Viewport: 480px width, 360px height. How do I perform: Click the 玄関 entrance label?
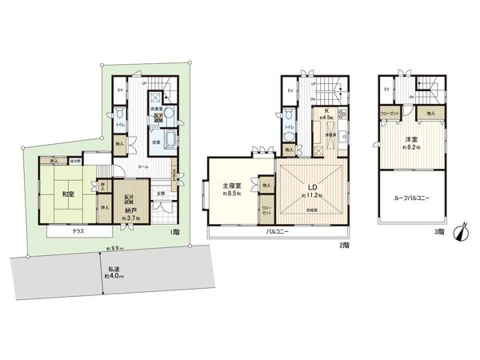click(x=160, y=190)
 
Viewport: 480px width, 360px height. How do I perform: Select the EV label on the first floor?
click(x=119, y=90)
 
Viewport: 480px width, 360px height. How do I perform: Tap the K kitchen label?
click(x=326, y=112)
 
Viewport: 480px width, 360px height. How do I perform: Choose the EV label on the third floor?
click(x=387, y=90)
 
